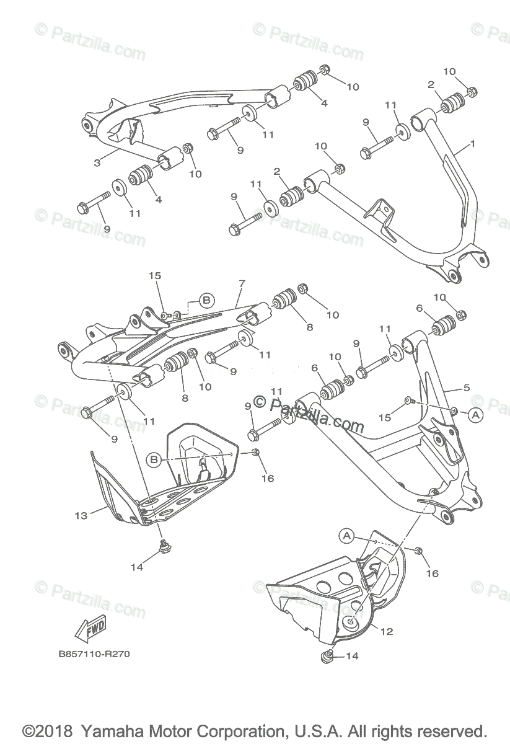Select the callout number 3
pyautogui.click(x=97, y=163)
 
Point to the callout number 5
pyautogui.click(x=466, y=388)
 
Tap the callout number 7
pyautogui.click(x=241, y=283)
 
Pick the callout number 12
pyautogui.click(x=387, y=632)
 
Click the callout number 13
pyautogui.click(x=81, y=515)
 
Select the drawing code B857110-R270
pyautogui.click(x=95, y=654)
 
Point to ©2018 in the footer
pyautogui.click(x=48, y=730)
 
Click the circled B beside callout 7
pyautogui.click(x=207, y=301)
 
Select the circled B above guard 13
pyautogui.click(x=154, y=459)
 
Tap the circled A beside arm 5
pyautogui.click(x=475, y=415)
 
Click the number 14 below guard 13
pyautogui.click(x=136, y=566)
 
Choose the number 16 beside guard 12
pyautogui.click(x=432, y=573)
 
